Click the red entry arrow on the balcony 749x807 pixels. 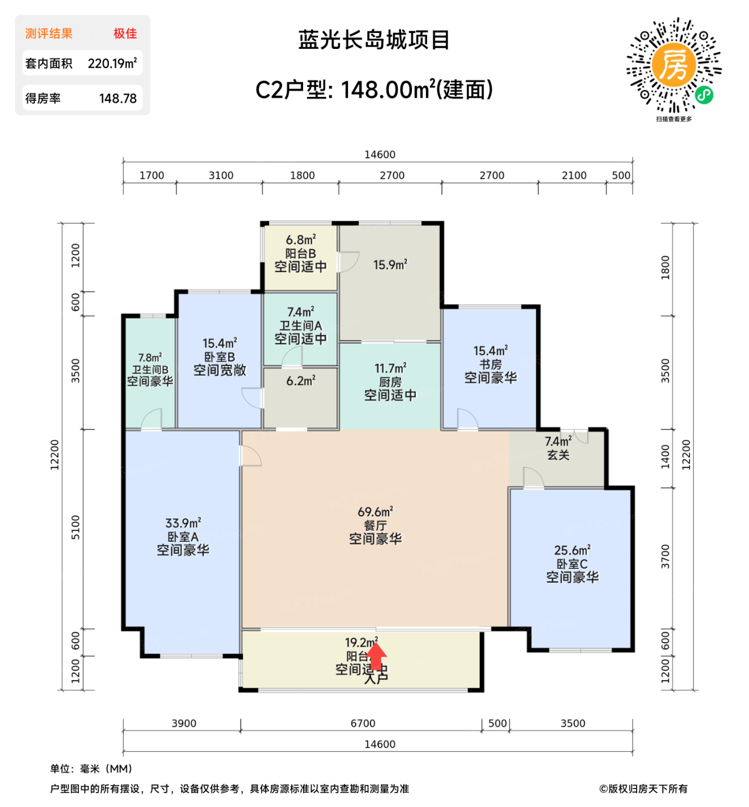tap(376, 656)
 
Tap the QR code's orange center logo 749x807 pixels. tap(673, 65)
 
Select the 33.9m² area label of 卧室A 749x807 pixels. tap(183, 523)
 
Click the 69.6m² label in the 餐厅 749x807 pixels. tap(375, 512)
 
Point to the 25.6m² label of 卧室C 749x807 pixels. tap(572, 550)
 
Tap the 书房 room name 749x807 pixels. tap(490, 364)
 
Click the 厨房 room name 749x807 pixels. tap(390, 382)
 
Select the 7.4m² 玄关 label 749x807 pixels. tap(558, 442)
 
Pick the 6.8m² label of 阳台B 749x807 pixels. tap(301, 240)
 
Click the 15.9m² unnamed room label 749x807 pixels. tap(390, 265)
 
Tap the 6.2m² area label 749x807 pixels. tap(301, 381)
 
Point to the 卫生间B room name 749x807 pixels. tap(150, 369)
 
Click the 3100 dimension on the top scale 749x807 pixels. tap(221, 175)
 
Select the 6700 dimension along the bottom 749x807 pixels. tap(362, 723)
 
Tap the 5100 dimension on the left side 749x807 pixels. tap(75, 527)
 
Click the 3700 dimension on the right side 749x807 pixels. tap(665, 557)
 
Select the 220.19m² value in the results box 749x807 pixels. tap(112, 63)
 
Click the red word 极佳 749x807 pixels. tap(125, 33)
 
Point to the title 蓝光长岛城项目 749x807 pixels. tap(374, 40)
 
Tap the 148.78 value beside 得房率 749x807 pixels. tap(118, 99)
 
